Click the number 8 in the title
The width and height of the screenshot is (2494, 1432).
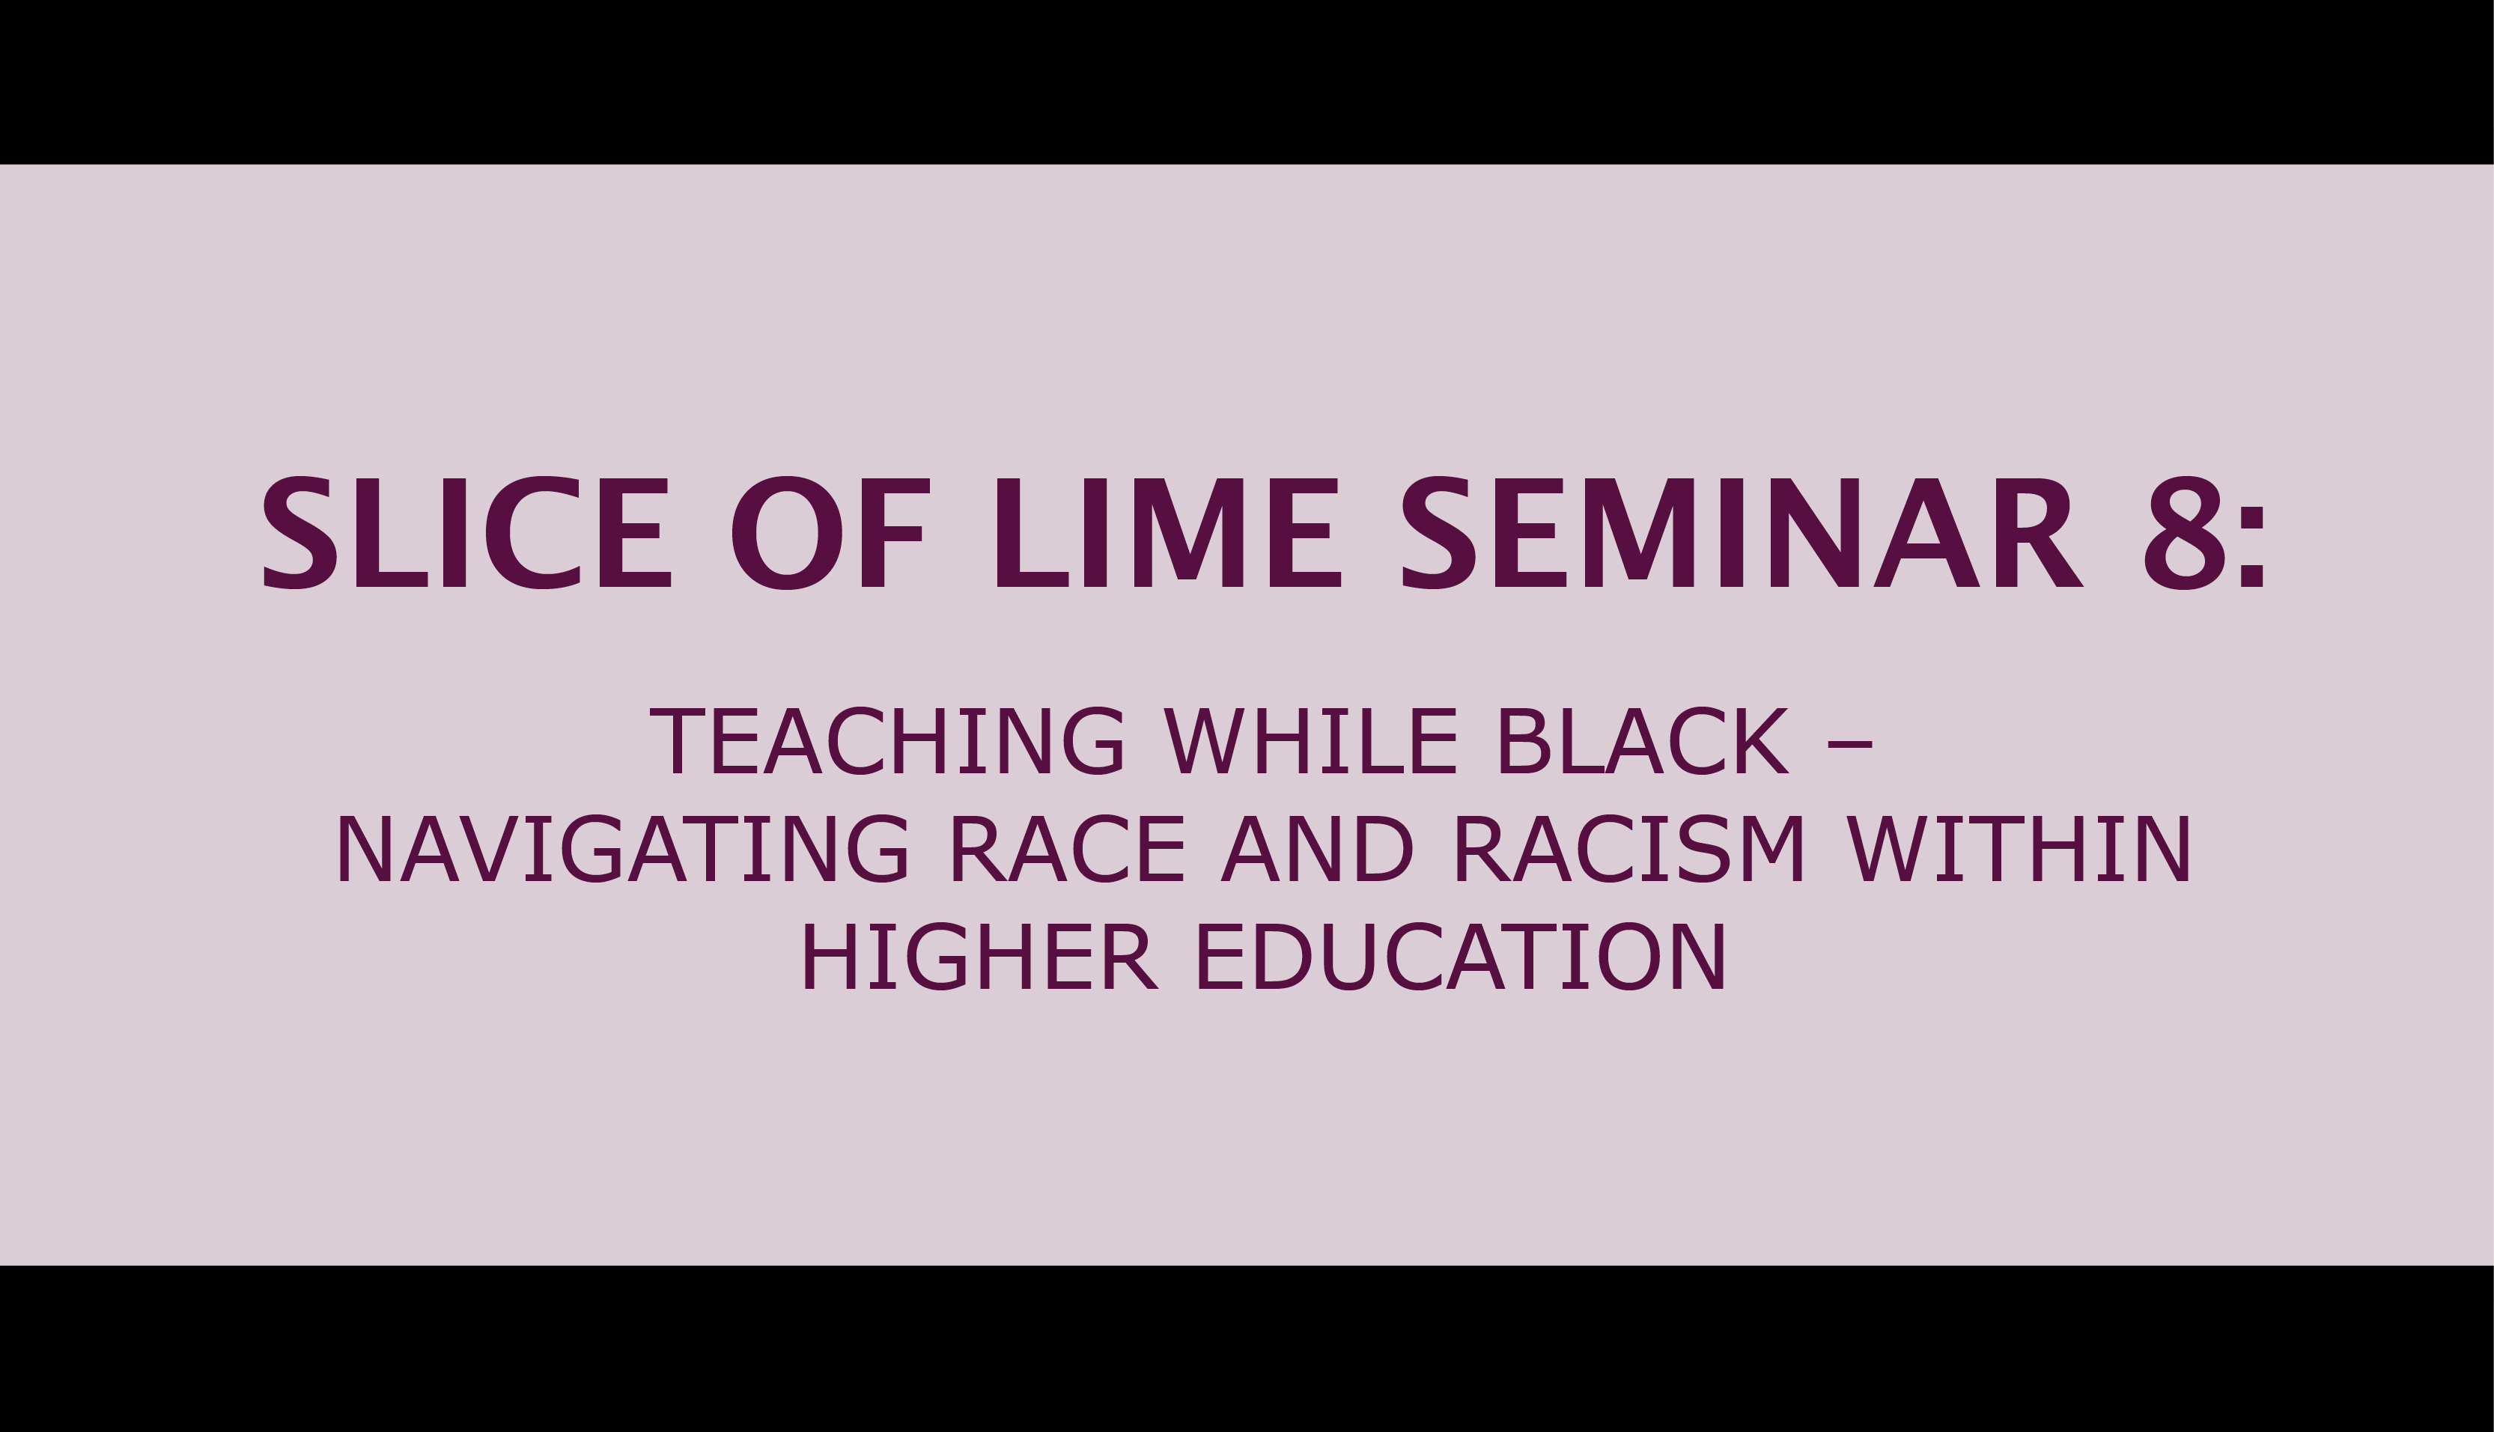point(2183,533)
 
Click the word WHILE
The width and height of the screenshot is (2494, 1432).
point(1310,742)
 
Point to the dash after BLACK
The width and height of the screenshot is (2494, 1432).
point(1849,746)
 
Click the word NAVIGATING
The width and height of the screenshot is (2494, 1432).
point(622,850)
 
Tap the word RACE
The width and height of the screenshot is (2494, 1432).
point(1067,850)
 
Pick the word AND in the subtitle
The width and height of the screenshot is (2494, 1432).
point(1317,850)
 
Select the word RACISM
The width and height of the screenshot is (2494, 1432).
point(1628,850)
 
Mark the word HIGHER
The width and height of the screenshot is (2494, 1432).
point(979,958)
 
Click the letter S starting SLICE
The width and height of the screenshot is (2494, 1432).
point(300,533)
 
